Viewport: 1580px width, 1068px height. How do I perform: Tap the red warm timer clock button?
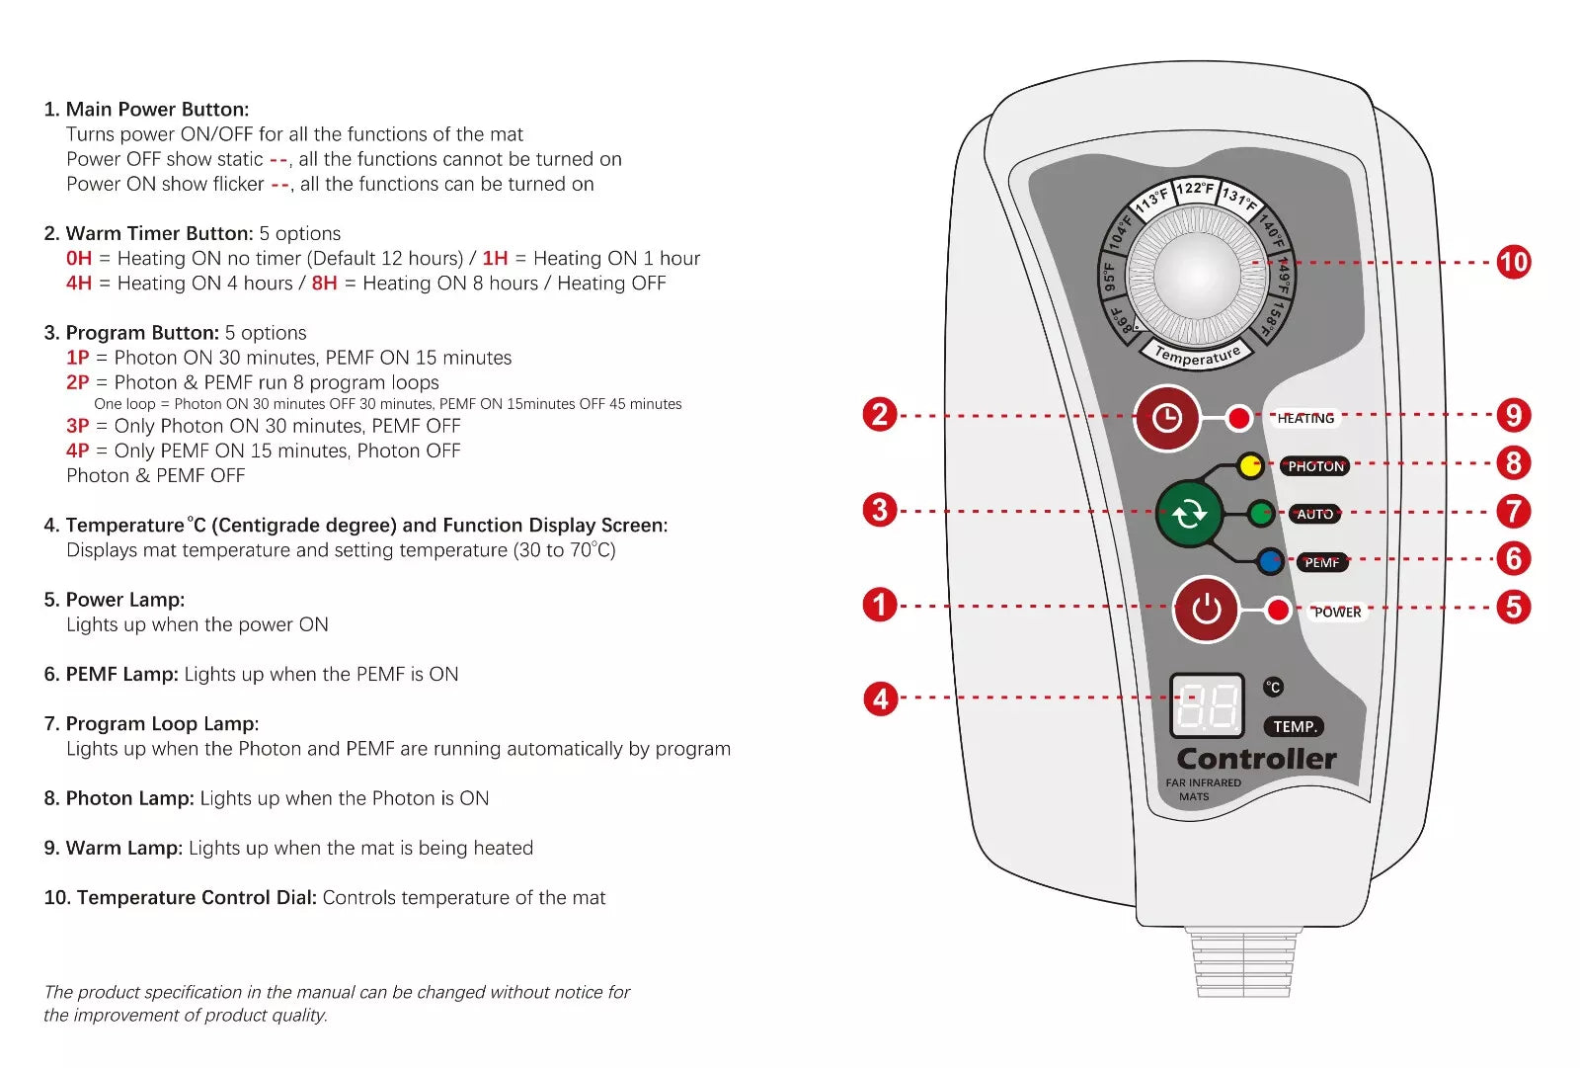[x=1166, y=418]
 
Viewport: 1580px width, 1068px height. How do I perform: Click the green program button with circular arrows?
[x=1189, y=514]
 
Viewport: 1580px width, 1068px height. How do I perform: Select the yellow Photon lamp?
[x=1250, y=465]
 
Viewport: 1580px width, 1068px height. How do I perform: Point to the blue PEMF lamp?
[x=1270, y=562]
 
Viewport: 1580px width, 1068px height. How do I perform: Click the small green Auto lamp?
[x=1261, y=514]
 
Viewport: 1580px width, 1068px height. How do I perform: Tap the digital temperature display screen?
[x=1207, y=706]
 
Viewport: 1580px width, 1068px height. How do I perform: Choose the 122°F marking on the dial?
[x=1195, y=189]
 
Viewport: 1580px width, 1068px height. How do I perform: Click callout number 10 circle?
[x=1513, y=262]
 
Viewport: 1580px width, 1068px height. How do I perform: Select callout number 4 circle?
[x=880, y=698]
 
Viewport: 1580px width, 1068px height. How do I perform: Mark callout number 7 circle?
[x=1513, y=511]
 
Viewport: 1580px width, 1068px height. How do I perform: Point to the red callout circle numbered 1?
[x=880, y=605]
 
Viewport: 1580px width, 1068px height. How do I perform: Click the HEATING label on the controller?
[x=1305, y=418]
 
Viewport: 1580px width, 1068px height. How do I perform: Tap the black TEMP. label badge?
[x=1294, y=727]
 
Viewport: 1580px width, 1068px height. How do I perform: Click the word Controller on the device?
[x=1256, y=759]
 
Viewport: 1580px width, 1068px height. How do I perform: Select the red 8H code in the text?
[x=324, y=284]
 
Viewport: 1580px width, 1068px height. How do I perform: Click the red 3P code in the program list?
[x=77, y=426]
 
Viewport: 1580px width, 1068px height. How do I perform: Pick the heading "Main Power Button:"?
[x=157, y=110]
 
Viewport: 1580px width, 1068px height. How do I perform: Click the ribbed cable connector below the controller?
[x=1242, y=964]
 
